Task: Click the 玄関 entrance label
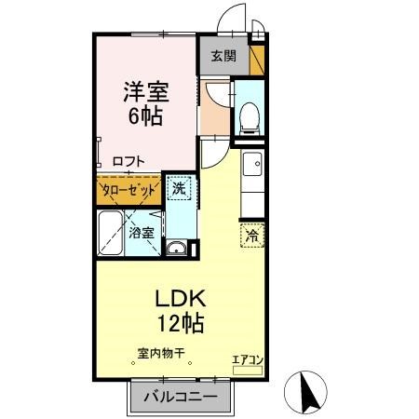pyautogui.click(x=223, y=56)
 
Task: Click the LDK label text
pyautogui.click(x=173, y=301)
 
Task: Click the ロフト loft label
pyautogui.click(x=128, y=161)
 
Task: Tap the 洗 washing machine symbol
pyautogui.click(x=179, y=187)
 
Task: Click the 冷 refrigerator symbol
pyautogui.click(x=251, y=236)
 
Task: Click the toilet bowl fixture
pyautogui.click(x=248, y=115)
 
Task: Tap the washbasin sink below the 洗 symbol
pyautogui.click(x=176, y=248)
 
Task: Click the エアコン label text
pyautogui.click(x=247, y=358)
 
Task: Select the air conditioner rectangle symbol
pyautogui.click(x=247, y=369)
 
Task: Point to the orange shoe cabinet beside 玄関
pyautogui.click(x=257, y=60)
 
